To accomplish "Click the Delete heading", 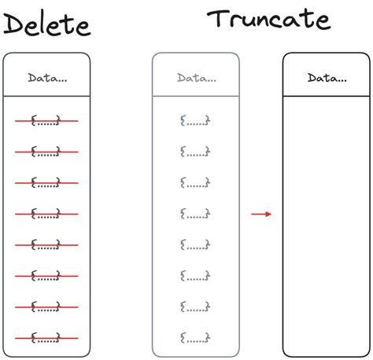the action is coord(47,24).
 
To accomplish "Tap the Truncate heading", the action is coord(269,19).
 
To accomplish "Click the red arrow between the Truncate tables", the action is coord(261,214).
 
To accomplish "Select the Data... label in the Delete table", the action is coord(47,78).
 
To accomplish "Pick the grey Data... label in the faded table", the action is coord(197,78).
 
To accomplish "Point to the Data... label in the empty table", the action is coord(327,78).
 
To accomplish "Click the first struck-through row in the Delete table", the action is coord(46,121).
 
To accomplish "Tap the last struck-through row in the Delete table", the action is coord(46,338).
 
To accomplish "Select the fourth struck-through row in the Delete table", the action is coord(46,214).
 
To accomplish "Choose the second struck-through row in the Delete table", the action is coord(46,152).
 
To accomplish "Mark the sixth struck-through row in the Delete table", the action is coord(46,276).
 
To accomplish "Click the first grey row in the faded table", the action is coord(195,120).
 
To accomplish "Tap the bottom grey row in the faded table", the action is coord(195,338).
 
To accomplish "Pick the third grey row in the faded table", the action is coord(195,182).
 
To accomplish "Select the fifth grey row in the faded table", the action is coord(195,244).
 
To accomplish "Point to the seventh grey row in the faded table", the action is coord(195,307).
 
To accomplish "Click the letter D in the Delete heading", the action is coord(13,24).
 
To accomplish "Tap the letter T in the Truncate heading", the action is coord(218,18).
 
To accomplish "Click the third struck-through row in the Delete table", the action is coord(46,183).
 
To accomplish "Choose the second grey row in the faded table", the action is coord(195,152).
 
